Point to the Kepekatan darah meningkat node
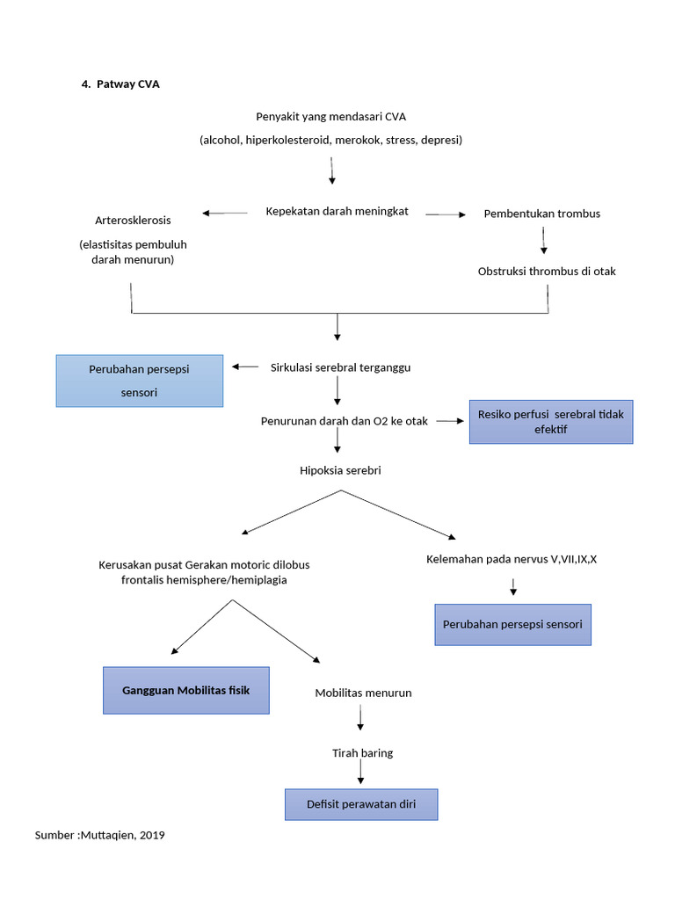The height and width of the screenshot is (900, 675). click(x=337, y=211)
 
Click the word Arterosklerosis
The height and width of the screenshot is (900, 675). click(x=133, y=220)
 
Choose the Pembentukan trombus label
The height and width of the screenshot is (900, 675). click(x=542, y=214)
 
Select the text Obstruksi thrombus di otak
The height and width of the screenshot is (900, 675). click(x=547, y=271)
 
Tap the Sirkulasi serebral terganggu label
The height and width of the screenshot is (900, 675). click(x=340, y=367)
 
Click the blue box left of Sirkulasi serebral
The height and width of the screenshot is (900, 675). click(x=139, y=381)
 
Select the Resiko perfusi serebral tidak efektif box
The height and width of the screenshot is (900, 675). click(x=550, y=422)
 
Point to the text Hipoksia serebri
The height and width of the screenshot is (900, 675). click(x=340, y=470)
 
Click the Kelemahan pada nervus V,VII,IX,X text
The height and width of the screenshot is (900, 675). click(x=512, y=559)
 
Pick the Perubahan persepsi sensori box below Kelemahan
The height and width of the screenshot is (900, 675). click(x=512, y=624)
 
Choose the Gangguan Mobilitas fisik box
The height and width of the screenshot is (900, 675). click(x=187, y=690)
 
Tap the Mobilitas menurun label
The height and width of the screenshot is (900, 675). click(x=363, y=693)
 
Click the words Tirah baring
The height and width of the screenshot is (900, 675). click(x=362, y=753)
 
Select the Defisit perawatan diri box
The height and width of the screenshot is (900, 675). click(x=361, y=804)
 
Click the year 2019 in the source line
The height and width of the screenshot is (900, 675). click(x=151, y=835)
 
